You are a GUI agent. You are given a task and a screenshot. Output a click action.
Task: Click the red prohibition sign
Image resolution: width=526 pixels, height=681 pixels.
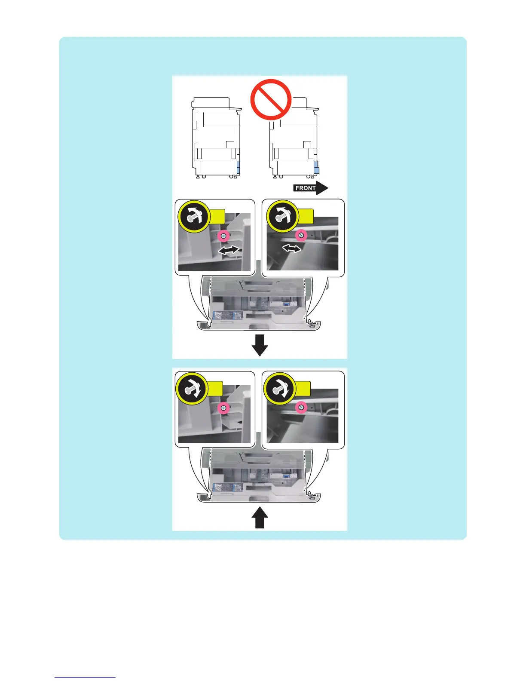[x=271, y=99]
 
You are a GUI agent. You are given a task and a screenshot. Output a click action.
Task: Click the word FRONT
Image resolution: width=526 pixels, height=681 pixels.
[x=305, y=188]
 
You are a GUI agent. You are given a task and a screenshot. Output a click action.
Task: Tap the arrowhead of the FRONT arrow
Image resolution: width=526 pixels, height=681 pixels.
[x=323, y=188]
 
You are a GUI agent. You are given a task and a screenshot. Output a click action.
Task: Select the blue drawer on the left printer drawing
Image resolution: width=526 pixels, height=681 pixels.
[x=239, y=168]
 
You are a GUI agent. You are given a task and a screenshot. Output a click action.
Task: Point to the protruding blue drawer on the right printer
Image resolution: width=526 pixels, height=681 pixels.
[x=316, y=167]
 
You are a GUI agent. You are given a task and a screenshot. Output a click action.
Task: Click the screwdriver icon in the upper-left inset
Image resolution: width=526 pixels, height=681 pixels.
[x=193, y=216]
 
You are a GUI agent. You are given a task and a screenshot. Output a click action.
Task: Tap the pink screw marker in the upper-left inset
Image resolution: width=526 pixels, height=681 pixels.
[x=223, y=236]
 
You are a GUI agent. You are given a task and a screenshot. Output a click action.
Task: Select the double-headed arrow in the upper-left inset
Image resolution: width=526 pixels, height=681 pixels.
[x=229, y=250]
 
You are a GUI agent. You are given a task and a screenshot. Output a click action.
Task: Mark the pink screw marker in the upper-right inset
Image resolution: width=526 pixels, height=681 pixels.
[x=301, y=235]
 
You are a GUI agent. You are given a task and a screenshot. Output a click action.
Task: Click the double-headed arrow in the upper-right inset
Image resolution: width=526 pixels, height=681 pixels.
[x=292, y=248]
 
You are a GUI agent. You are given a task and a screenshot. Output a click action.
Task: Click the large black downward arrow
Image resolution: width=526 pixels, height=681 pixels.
[x=260, y=345]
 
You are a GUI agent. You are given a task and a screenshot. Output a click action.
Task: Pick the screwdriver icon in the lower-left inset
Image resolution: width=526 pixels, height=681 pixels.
[x=193, y=389]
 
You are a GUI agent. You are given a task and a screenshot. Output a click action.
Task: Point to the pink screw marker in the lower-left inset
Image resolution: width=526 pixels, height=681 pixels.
[x=223, y=408]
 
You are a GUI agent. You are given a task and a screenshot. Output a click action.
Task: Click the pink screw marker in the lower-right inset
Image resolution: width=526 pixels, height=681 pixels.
[x=301, y=407]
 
